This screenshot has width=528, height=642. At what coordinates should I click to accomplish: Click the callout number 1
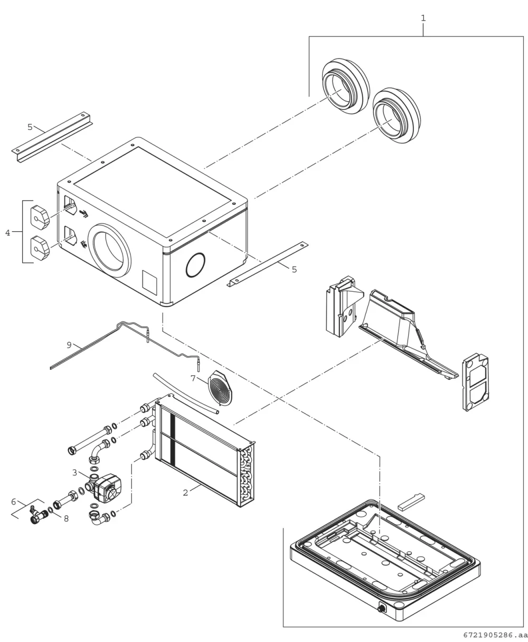(x=423, y=18)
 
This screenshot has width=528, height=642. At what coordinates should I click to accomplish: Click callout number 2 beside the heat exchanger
(x=185, y=492)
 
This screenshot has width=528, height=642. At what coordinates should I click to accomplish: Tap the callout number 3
(x=75, y=472)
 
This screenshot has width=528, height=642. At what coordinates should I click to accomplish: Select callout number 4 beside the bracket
(x=7, y=232)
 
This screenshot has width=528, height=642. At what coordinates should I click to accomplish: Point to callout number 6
(x=13, y=501)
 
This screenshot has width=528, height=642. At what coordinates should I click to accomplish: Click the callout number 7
(x=193, y=378)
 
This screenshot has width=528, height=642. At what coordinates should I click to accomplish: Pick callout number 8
(x=67, y=518)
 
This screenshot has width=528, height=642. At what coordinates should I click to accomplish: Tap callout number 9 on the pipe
(x=69, y=345)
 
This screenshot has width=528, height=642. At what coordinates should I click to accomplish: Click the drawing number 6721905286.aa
(x=495, y=635)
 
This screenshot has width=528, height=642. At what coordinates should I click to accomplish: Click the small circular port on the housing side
(x=195, y=265)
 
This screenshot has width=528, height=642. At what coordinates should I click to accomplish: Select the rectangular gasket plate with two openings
(x=475, y=382)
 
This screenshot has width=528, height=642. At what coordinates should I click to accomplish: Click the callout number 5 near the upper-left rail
(x=30, y=127)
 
